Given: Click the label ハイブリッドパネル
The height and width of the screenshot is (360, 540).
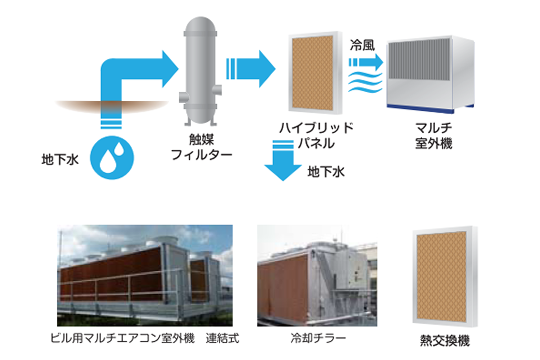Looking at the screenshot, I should (x=315, y=135).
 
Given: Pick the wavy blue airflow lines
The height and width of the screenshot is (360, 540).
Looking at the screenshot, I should (x=365, y=82).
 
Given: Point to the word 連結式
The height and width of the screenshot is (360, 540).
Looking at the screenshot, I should (x=223, y=338).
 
